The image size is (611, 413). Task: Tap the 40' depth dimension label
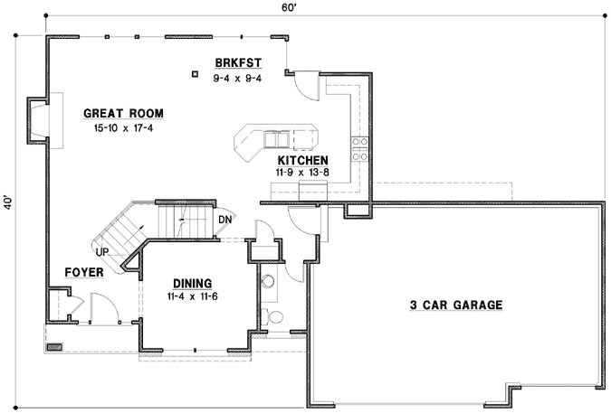pyautogui.click(x=8, y=200)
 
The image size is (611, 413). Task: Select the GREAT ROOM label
pyautogui.click(x=123, y=114)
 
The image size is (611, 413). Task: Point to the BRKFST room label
pyautogui.click(x=238, y=62)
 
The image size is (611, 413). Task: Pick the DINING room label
pyautogui.click(x=192, y=284)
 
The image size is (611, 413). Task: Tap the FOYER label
pyautogui.click(x=83, y=272)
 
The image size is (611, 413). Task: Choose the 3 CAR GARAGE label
pyautogui.click(x=455, y=305)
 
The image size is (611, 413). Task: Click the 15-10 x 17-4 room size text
pyautogui.click(x=124, y=129)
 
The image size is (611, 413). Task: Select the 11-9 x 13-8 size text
pyautogui.click(x=303, y=171)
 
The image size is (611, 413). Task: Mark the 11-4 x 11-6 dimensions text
pyautogui.click(x=192, y=296)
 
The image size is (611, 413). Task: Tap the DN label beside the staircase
pyautogui.click(x=225, y=219)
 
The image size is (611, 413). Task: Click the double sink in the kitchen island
pyautogui.click(x=276, y=138)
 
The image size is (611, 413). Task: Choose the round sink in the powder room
pyautogui.click(x=267, y=282)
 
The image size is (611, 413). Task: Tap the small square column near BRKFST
pyautogui.click(x=196, y=75)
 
